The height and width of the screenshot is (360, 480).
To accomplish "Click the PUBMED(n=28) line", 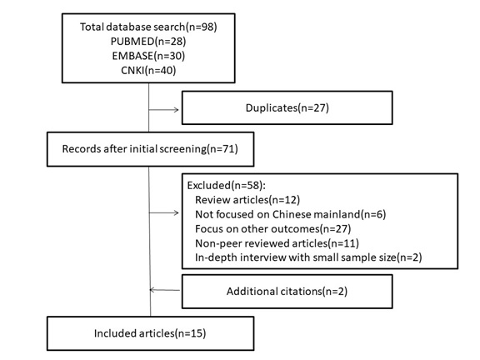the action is [148, 42].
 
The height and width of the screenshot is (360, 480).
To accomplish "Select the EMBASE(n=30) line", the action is [148, 56].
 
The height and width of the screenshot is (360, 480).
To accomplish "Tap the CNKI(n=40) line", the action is [148, 70].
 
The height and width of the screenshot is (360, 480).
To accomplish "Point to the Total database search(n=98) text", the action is [148, 27].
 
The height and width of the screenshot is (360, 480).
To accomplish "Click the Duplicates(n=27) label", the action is [287, 107].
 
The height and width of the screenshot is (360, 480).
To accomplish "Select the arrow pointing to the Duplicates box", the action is [164, 110].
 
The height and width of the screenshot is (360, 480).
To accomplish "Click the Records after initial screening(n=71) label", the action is [150, 149].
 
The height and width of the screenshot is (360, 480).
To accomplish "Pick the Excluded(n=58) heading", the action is [227, 186].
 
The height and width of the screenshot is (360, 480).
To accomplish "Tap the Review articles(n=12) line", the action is [247, 200].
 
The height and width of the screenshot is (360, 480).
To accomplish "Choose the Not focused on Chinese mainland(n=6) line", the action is [291, 214].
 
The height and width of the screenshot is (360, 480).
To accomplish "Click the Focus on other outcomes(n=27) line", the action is [273, 228].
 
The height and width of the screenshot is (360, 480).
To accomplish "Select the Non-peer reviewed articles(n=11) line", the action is [277, 243].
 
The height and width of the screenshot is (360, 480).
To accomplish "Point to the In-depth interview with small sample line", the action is [308, 257].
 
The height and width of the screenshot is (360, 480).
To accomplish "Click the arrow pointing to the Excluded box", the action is [164, 212].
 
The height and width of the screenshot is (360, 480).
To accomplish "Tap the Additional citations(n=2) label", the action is [287, 291].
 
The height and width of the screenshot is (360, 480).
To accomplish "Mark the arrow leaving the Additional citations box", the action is [165, 290].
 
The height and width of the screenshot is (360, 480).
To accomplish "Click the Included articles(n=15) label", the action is [150, 333].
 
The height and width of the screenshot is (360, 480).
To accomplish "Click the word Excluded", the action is [208, 186].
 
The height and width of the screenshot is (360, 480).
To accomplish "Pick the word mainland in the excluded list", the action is [337, 214].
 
